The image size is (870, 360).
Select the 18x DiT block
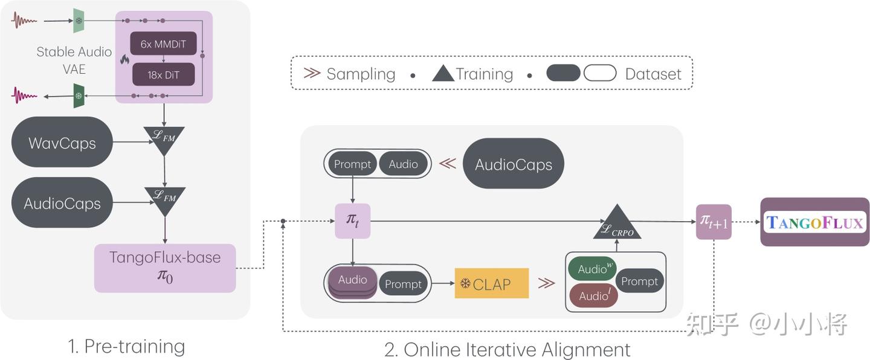pos(164,75)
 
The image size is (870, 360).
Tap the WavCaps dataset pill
pos(62,143)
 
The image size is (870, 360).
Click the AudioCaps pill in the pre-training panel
pos(62,203)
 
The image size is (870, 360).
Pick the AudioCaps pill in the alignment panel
pos(514,164)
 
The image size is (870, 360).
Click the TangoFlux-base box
pos(165,268)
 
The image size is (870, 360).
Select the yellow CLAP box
pos(491,283)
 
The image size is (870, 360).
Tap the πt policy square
pos(352,220)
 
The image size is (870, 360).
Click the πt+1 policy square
pos(714,222)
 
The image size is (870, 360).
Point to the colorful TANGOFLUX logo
pos(814,222)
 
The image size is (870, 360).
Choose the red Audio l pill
pos(593,295)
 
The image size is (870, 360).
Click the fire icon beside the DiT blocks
pos(125,59)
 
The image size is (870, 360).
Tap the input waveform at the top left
pos(25,21)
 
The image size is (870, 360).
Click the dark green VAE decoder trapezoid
pos(79,95)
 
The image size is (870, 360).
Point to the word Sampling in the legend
pos(361,74)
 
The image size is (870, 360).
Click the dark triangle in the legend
pos(443,74)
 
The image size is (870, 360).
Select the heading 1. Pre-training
pos(126,347)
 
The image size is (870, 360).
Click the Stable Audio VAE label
pos(74,60)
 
